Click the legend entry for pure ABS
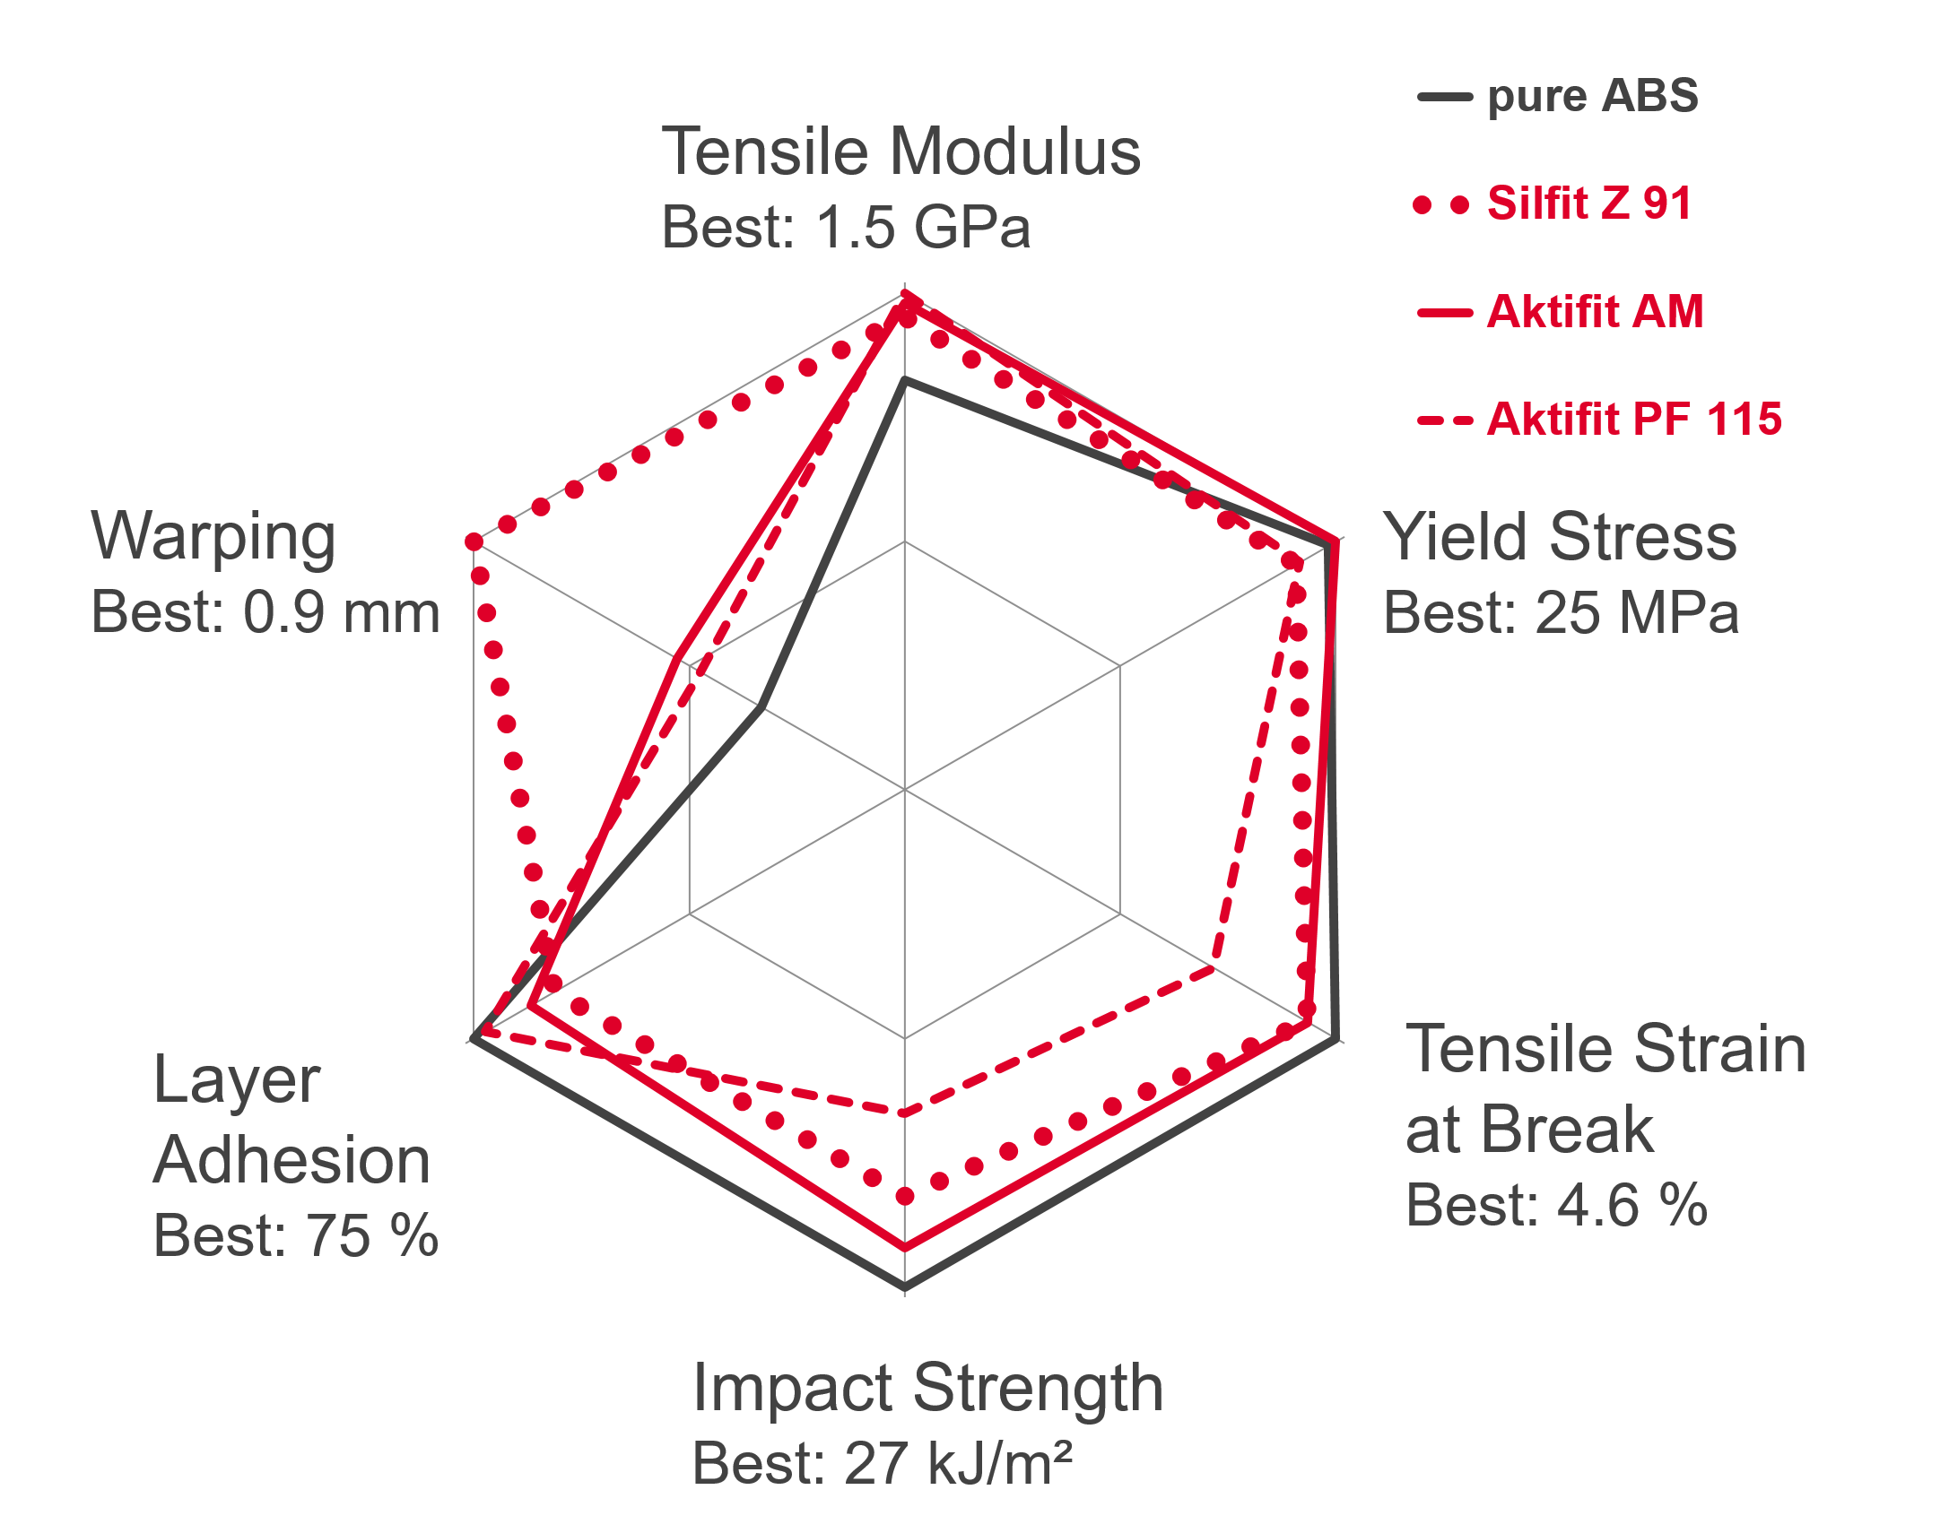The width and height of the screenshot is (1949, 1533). click(x=1559, y=97)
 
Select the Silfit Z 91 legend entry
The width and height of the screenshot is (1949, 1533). click(x=1553, y=204)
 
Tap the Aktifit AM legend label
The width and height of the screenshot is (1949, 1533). click(x=1561, y=312)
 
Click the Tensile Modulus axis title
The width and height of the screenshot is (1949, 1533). click(x=901, y=151)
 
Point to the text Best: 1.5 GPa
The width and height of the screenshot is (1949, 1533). click(x=846, y=226)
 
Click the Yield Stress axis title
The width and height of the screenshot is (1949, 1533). click(x=1561, y=537)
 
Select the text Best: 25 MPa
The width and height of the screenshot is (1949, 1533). click(x=1562, y=613)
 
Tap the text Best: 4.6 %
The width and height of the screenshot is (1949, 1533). click(x=1557, y=1205)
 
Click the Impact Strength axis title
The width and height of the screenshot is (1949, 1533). click(x=928, y=1389)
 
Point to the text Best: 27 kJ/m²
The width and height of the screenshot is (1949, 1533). click(x=883, y=1463)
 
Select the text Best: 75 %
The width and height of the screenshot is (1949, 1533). click(x=296, y=1236)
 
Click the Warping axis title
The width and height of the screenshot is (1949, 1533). click(x=213, y=537)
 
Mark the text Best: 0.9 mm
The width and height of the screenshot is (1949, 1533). click(x=265, y=613)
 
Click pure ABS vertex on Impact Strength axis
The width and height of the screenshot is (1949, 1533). click(x=905, y=1289)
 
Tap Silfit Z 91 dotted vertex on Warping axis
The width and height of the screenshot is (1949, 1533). click(x=473, y=541)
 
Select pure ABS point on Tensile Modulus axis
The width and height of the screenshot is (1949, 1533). click(x=905, y=380)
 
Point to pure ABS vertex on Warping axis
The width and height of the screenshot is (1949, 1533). click(x=761, y=708)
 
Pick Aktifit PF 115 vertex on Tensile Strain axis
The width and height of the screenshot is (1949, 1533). click(x=1214, y=968)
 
